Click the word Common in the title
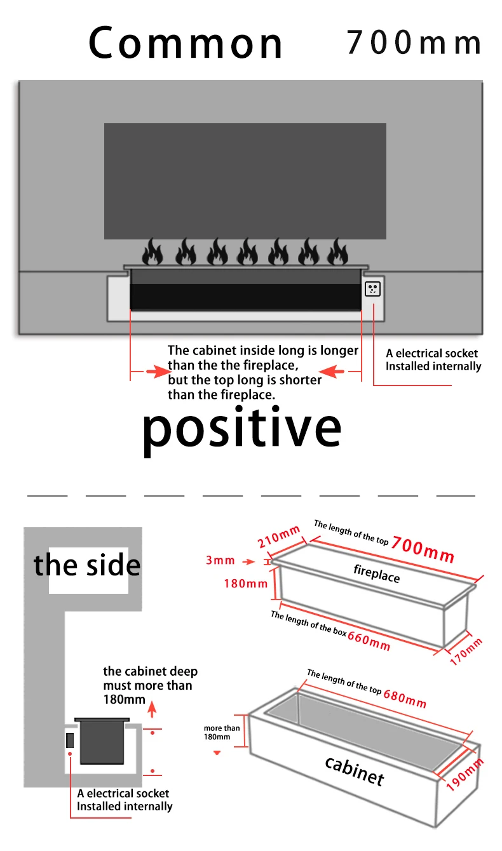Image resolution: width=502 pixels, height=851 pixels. [x=186, y=43]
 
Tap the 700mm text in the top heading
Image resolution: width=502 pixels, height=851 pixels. [x=414, y=42]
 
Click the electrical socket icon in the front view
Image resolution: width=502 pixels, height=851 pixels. [x=372, y=289]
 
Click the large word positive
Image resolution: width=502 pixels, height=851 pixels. [x=241, y=431]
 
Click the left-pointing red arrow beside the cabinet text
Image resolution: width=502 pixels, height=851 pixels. [x=331, y=372]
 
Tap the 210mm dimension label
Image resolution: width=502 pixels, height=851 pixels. [x=279, y=537]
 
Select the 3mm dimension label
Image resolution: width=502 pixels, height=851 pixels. [x=220, y=560]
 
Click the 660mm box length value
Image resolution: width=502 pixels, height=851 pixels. [x=369, y=641]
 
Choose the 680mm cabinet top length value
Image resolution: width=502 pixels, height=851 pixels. [x=405, y=699]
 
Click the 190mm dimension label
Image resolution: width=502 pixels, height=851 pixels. [x=465, y=774]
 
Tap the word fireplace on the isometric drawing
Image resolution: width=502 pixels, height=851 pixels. [x=377, y=573]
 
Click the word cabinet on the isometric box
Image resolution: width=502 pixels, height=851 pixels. [x=354, y=771]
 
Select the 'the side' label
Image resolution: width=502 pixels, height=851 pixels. [x=87, y=565]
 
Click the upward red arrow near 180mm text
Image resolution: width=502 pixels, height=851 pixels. [x=152, y=709]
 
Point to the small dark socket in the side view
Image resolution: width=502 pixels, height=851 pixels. [x=69, y=740]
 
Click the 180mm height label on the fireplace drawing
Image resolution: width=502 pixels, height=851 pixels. [x=245, y=584]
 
